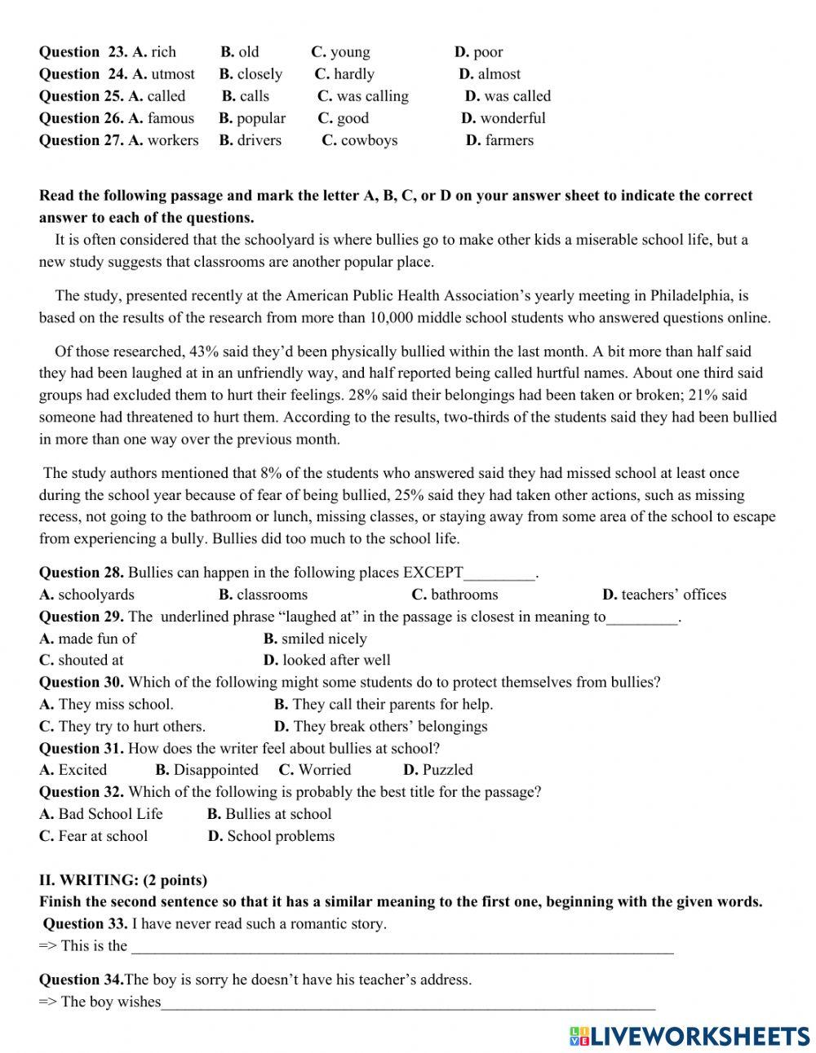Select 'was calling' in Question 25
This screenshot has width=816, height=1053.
[372, 96]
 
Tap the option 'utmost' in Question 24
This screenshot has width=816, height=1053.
[172, 74]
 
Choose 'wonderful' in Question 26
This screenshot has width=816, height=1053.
[512, 118]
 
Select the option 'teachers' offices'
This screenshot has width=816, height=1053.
[672, 595]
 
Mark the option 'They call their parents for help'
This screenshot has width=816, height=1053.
[392, 704]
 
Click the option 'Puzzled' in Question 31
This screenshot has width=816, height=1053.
[446, 770]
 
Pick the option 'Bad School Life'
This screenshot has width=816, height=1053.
[110, 814]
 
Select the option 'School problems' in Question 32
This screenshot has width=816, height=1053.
[280, 836]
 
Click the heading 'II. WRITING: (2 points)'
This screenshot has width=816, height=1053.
[123, 880]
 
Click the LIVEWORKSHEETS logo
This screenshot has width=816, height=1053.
[689, 1036]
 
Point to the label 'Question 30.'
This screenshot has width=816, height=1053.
[82, 682]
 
